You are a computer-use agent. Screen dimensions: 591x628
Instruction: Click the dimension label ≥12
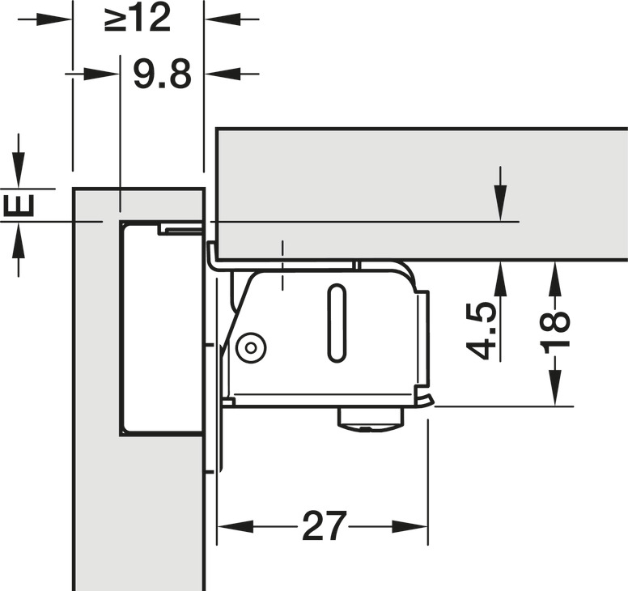138,19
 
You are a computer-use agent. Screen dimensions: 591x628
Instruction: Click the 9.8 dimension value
162,74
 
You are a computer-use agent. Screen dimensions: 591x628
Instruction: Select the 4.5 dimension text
483,330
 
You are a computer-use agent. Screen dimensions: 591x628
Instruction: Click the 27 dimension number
324,527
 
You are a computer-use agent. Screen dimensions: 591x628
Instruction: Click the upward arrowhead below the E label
19,234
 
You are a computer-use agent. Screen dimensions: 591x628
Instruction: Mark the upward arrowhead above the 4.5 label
502,272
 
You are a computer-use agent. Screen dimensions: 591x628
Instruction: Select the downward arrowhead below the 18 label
555,392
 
